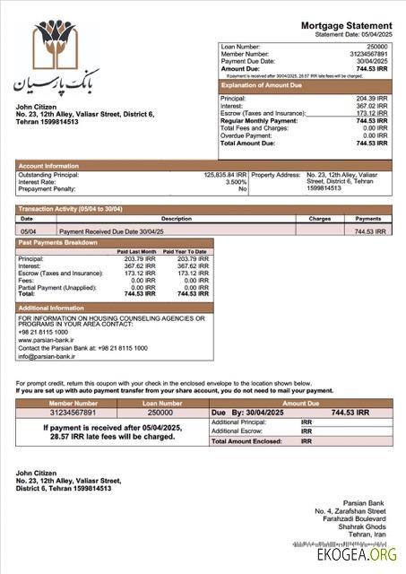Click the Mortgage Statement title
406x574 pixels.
(346, 25)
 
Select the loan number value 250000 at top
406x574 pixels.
(377, 46)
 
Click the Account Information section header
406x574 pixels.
(48, 166)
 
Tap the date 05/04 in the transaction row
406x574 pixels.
(28, 231)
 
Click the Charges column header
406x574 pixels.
(320, 219)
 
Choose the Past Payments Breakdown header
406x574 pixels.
(58, 243)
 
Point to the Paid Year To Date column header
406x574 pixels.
(186, 252)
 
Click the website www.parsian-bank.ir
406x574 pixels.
(48, 339)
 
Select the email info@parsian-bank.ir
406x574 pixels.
(48, 354)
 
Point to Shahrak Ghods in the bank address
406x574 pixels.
(367, 526)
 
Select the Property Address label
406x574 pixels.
(275, 175)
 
